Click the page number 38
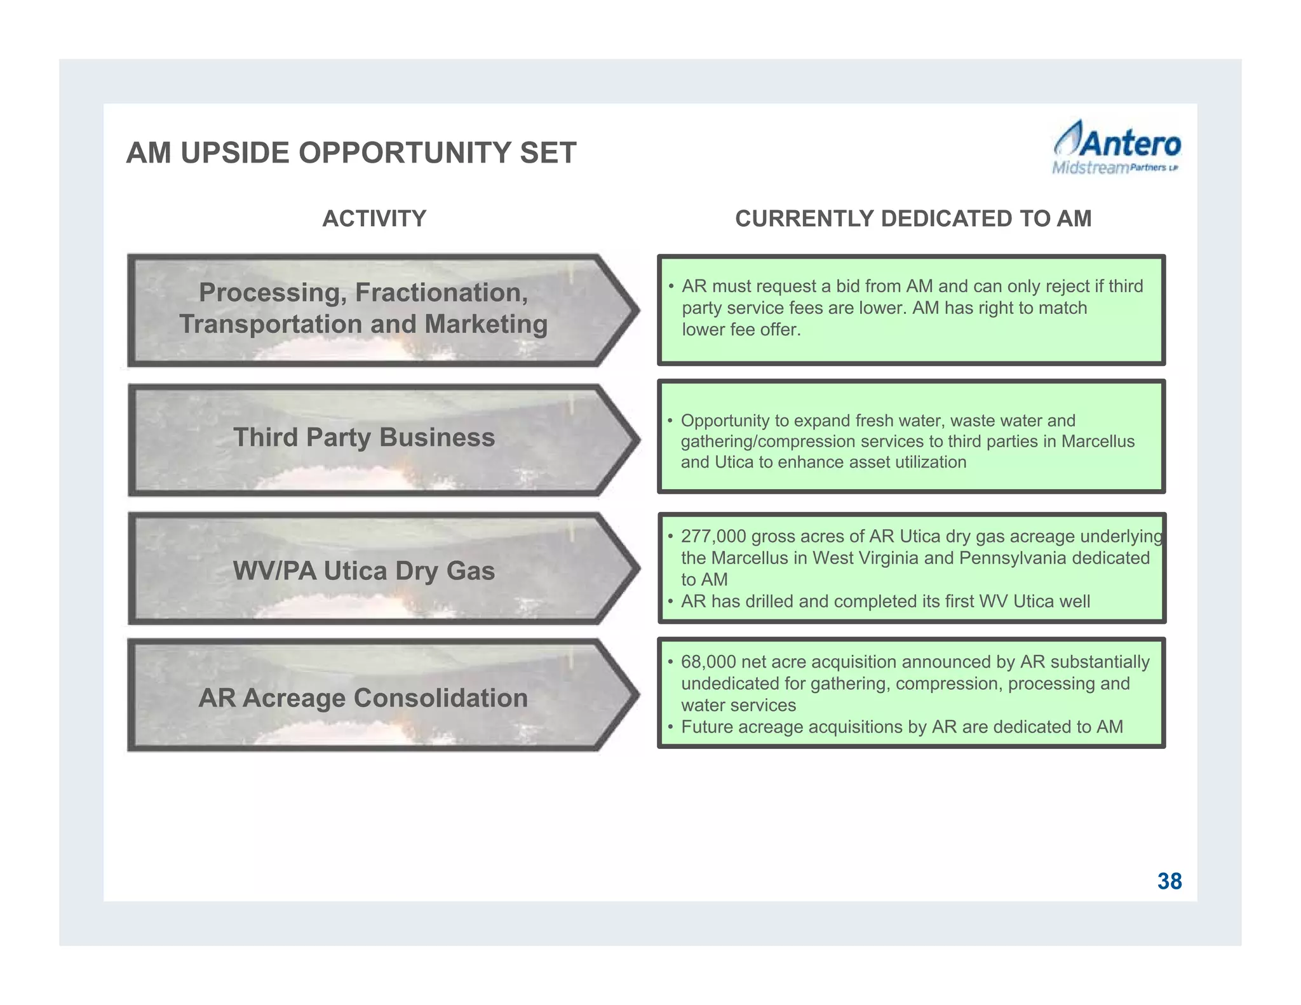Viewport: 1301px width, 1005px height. (x=1169, y=881)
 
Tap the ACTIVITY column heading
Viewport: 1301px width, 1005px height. (x=374, y=219)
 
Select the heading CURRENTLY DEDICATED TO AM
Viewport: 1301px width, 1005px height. (x=913, y=219)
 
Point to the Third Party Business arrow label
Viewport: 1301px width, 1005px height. (x=363, y=438)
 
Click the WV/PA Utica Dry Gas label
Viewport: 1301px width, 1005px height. (x=363, y=570)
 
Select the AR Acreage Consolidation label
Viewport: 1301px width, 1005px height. (x=363, y=698)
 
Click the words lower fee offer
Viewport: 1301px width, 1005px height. (x=741, y=330)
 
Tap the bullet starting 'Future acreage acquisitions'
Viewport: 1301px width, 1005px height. (x=901, y=727)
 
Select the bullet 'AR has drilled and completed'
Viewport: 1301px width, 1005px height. (x=885, y=601)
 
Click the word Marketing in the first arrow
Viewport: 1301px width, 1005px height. (x=485, y=325)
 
